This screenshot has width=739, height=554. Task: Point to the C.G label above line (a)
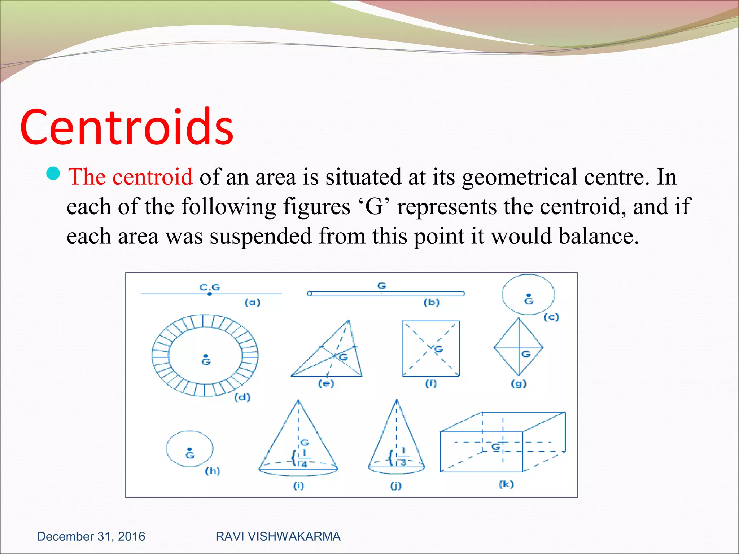[x=210, y=287]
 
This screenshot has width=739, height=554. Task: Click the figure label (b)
[x=432, y=302]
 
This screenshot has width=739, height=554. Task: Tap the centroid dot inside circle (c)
[x=529, y=295]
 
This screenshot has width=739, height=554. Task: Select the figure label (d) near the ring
[x=242, y=397]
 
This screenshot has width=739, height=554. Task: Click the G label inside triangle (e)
[x=344, y=357]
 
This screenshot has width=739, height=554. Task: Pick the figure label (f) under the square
[x=431, y=383]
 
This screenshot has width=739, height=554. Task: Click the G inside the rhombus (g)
[x=526, y=354]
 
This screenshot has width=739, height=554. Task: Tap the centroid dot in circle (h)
[x=190, y=449]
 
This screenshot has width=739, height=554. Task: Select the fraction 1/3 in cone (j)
[x=403, y=456]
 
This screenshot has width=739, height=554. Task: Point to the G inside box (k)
[x=496, y=447]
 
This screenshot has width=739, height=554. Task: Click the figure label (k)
[x=506, y=484]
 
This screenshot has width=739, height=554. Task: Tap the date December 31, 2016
[x=91, y=536]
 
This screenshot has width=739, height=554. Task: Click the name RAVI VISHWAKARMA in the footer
[x=278, y=536]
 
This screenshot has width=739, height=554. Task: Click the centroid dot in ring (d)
[x=206, y=356]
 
